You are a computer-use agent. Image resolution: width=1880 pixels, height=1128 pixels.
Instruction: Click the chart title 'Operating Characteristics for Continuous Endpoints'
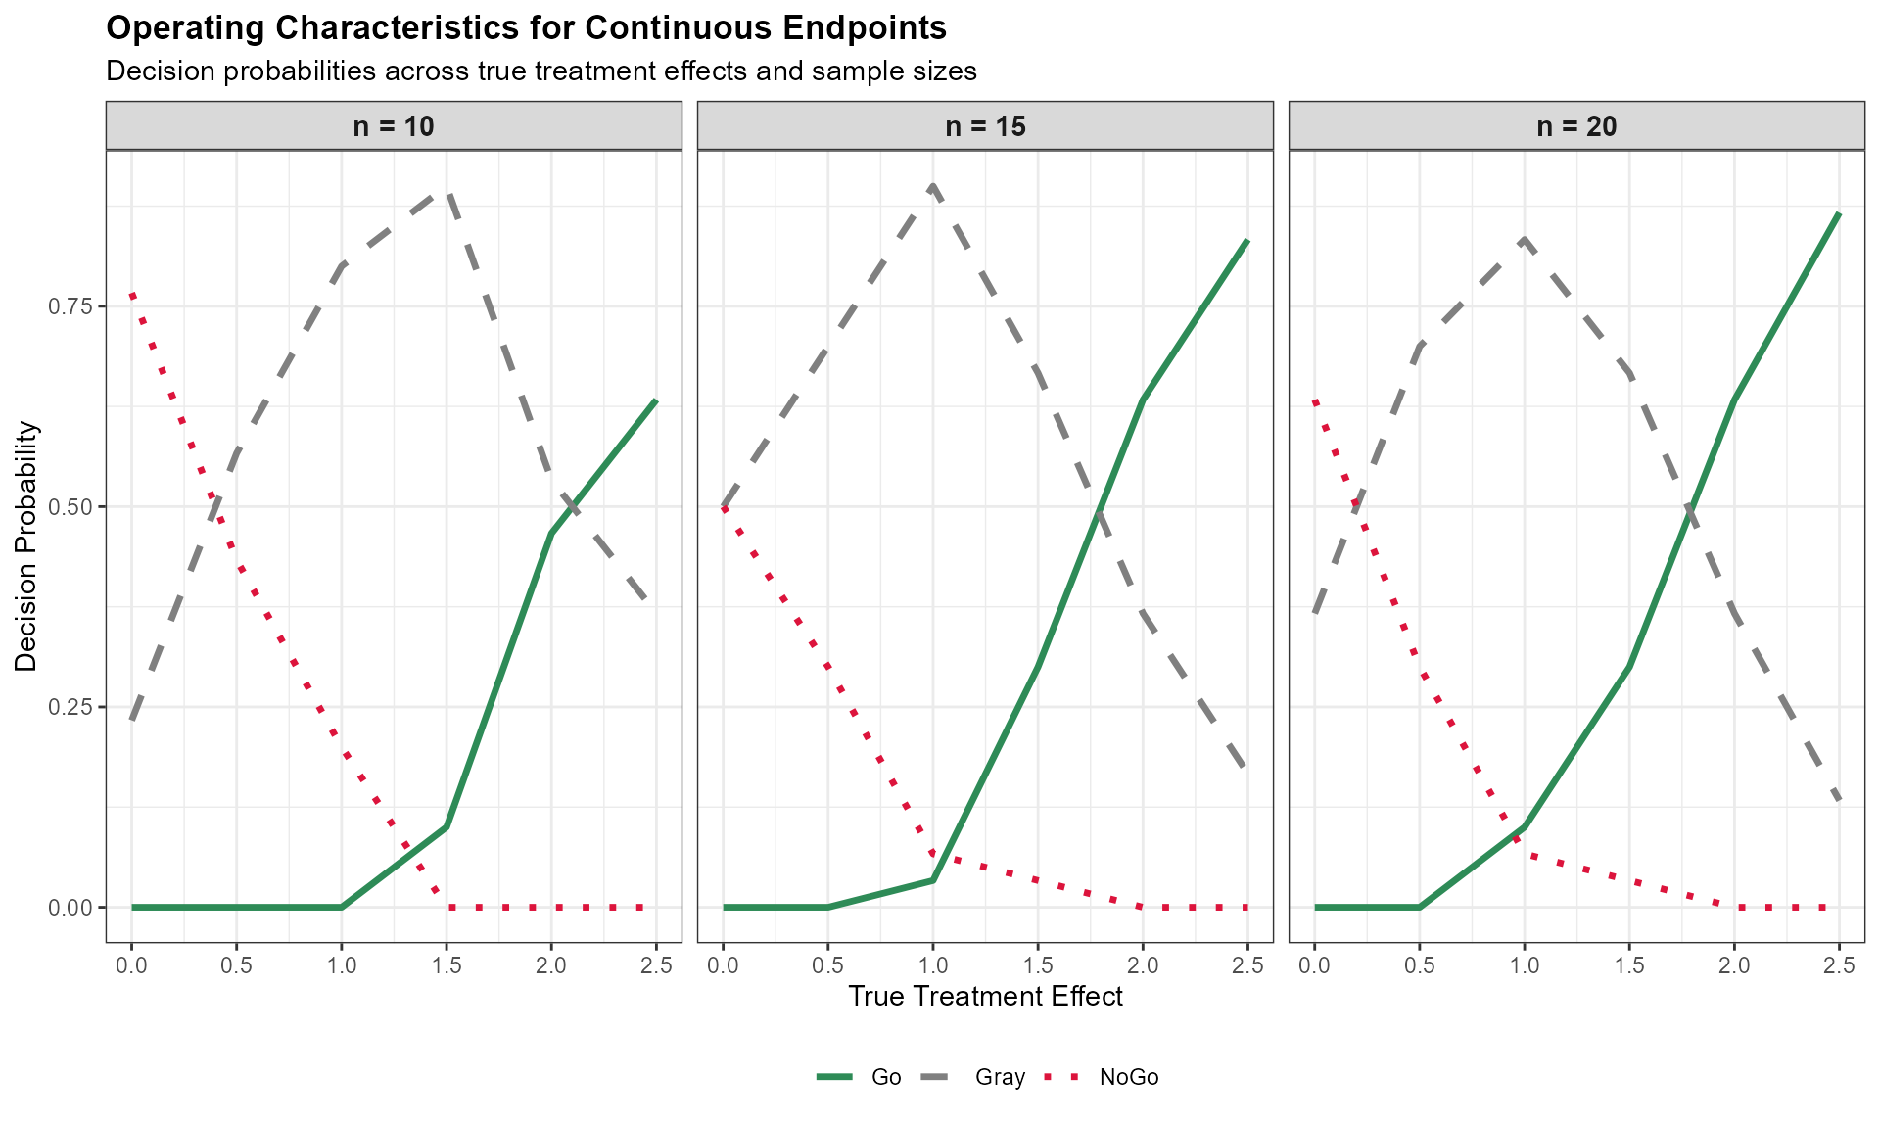[526, 28]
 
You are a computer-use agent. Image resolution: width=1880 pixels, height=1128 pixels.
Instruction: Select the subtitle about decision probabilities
[540, 71]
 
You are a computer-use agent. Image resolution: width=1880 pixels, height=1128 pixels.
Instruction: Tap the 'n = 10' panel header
[394, 126]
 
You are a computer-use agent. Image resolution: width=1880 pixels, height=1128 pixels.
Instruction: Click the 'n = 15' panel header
[985, 126]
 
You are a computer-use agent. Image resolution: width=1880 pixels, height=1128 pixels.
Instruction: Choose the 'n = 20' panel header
[1576, 126]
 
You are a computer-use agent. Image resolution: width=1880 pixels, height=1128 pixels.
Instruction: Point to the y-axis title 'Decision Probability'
[26, 546]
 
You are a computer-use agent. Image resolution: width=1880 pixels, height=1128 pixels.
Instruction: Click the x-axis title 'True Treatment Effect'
[985, 997]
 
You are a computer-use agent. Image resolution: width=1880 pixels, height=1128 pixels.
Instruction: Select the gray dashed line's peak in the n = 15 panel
[933, 185]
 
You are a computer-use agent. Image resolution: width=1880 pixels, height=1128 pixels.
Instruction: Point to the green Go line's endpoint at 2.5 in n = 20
[1839, 213]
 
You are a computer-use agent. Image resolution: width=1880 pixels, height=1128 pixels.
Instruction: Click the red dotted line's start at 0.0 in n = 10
[132, 294]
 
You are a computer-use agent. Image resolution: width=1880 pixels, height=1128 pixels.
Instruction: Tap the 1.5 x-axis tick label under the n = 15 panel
[1038, 965]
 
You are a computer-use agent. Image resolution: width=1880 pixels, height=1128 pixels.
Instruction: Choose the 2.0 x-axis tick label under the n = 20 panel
[1734, 965]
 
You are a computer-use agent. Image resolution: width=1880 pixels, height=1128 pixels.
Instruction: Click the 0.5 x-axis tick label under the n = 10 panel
[237, 965]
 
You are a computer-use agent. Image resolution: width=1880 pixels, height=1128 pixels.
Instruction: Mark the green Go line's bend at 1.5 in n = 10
[446, 827]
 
